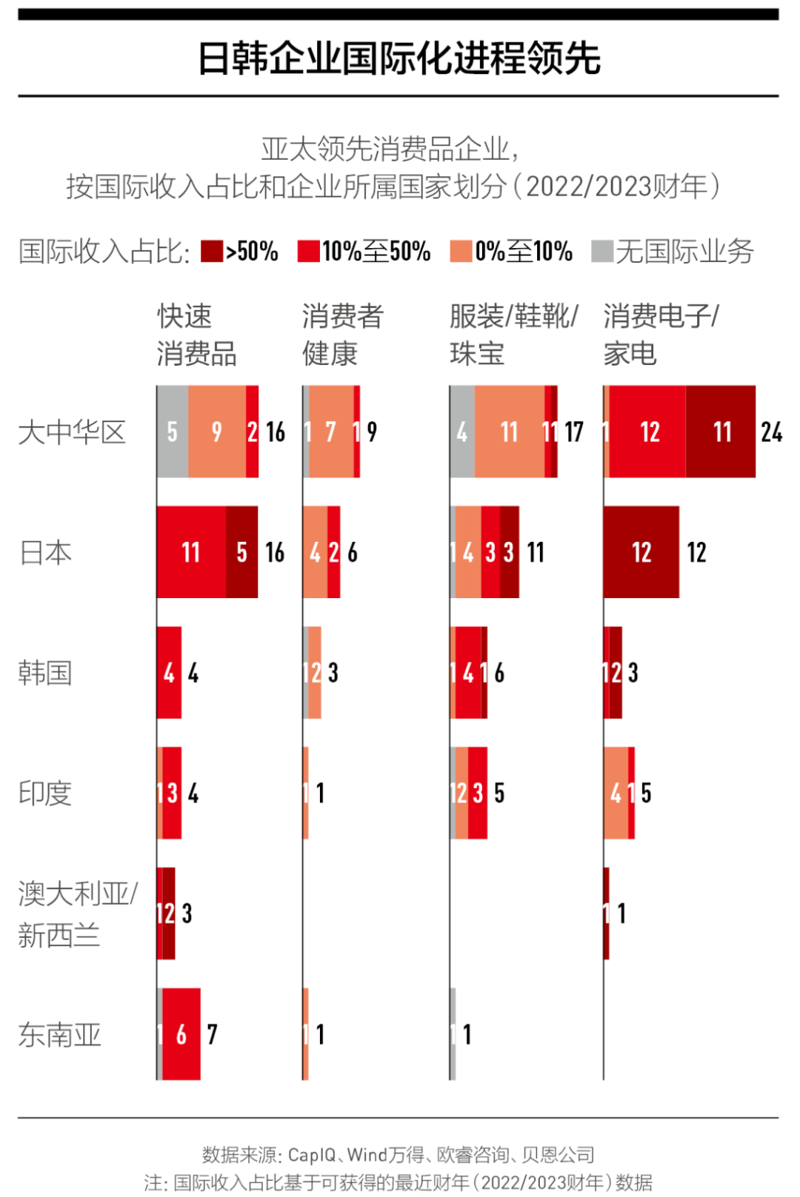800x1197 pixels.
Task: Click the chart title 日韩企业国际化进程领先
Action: click(399, 58)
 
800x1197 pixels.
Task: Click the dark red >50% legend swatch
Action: click(212, 252)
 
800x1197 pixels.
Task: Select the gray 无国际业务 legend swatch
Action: click(602, 252)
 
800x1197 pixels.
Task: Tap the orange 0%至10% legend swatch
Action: click(461, 252)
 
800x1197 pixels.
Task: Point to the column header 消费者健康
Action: click(341, 335)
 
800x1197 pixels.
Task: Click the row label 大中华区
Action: click(72, 432)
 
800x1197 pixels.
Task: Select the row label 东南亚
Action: click(59, 1034)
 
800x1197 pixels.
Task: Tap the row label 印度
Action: click(45, 793)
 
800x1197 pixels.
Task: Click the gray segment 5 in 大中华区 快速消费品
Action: click(173, 432)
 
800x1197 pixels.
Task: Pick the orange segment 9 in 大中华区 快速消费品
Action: click(217, 432)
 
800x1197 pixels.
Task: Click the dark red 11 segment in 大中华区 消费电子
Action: click(721, 432)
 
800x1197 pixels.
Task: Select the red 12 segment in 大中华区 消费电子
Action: click(648, 432)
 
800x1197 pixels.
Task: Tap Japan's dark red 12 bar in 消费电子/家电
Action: click(641, 552)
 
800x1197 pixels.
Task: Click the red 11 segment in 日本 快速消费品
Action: click(191, 552)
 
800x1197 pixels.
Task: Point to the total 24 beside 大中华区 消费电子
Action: click(771, 432)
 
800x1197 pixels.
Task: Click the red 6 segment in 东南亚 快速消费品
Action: click(181, 1034)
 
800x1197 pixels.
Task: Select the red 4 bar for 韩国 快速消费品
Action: click(170, 673)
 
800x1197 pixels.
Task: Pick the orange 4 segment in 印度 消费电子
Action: click(616, 793)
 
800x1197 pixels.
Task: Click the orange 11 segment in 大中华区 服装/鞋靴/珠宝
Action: click(510, 432)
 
